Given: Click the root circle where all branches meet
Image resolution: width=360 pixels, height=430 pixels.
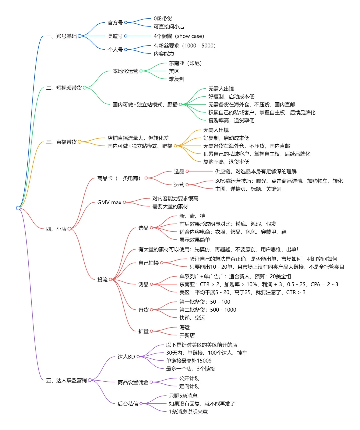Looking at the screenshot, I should [18, 208].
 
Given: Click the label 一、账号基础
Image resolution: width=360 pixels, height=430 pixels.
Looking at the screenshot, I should [61, 36].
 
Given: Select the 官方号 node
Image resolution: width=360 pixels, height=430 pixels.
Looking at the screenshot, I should [115, 23].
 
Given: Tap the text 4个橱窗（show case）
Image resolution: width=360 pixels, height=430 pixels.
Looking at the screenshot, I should [179, 36].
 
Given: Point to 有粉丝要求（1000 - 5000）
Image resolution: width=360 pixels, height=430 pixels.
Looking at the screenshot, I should [184, 46].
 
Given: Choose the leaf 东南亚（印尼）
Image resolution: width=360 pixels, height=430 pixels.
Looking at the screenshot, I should [185, 63].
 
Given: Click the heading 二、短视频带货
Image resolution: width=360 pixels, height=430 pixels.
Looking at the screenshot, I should [64, 88].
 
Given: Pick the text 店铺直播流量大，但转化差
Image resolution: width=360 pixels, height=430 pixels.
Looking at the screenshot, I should [138, 138].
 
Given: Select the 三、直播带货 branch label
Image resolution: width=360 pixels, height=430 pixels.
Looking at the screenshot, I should [61, 142].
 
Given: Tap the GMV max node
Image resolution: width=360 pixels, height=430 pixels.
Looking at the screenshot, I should [109, 202].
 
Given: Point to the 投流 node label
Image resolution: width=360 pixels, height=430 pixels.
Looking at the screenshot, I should [102, 280].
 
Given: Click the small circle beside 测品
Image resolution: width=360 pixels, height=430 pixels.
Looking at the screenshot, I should [152, 284].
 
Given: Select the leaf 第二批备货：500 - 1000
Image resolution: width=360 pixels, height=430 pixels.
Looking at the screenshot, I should [208, 310].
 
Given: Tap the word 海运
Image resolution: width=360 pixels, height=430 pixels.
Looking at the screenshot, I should [184, 328].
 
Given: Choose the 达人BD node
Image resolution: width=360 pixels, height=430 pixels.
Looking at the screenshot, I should [126, 357].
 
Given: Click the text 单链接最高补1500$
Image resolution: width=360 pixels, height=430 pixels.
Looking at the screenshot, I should [189, 361].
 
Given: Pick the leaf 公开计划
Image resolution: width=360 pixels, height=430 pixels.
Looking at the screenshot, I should [189, 378].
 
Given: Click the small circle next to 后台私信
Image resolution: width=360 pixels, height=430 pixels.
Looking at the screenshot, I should [141, 404].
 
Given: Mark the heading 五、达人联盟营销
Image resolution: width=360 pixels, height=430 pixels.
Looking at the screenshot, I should [66, 380].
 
